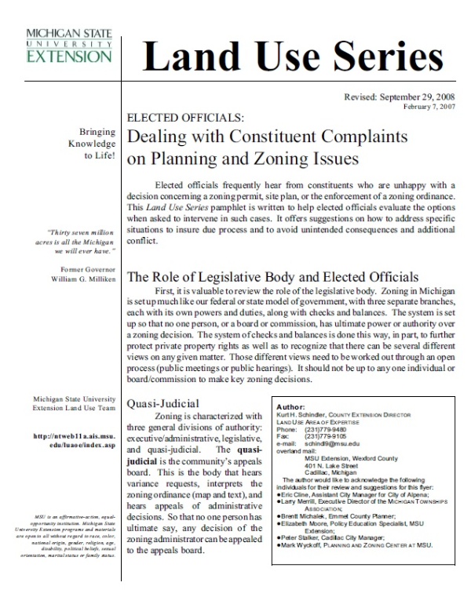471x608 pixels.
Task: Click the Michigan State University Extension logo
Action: click(69, 46)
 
